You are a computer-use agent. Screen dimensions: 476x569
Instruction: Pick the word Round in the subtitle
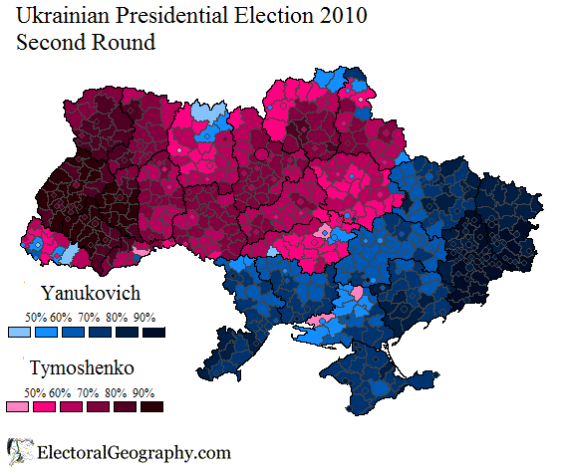pyautogui.click(x=125, y=43)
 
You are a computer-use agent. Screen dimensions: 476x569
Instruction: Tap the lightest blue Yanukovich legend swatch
pyautogui.click(x=18, y=332)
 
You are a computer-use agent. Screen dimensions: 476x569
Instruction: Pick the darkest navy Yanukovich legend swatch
pyautogui.click(x=151, y=332)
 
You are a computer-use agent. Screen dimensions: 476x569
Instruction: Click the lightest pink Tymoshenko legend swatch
pyautogui.click(x=18, y=406)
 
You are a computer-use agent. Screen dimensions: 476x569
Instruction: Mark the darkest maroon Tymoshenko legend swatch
pyautogui.click(x=151, y=406)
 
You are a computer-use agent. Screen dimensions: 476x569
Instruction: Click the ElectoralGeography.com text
pyautogui.click(x=134, y=453)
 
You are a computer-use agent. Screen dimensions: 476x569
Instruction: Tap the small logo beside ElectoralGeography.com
pyautogui.click(x=17, y=452)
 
